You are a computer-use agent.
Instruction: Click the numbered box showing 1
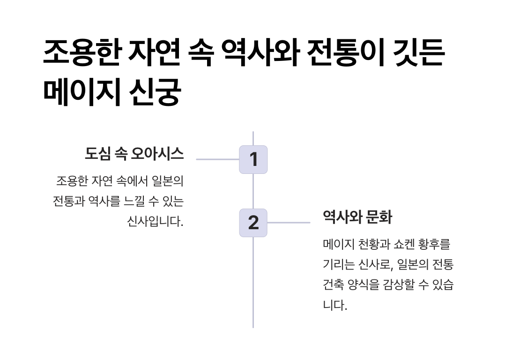pos(253,159)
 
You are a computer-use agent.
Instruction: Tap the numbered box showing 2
pos(253,223)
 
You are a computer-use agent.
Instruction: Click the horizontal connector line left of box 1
pos(217,159)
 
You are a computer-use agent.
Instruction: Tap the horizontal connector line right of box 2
pos(289,223)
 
